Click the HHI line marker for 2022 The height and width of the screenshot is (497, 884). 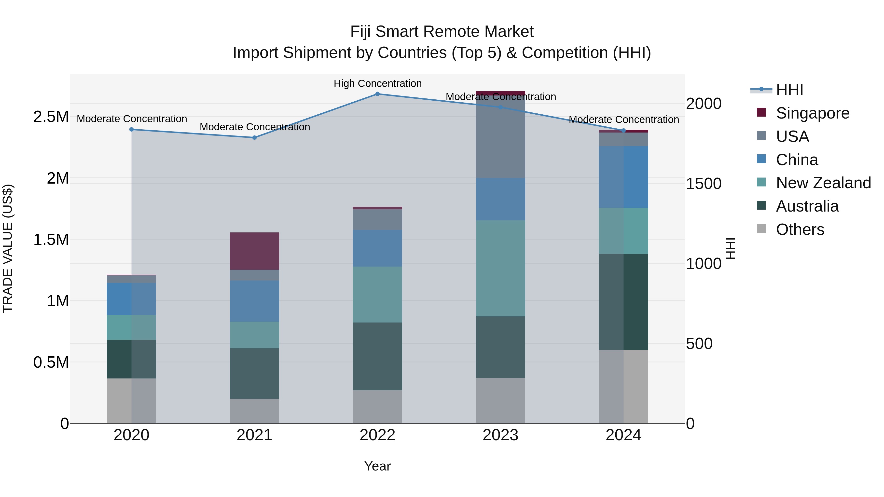click(377, 94)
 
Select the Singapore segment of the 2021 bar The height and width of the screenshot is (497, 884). click(254, 251)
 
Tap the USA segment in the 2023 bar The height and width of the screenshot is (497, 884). click(500, 137)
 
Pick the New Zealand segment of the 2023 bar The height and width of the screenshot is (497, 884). click(500, 268)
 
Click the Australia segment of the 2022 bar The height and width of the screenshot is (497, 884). click(377, 356)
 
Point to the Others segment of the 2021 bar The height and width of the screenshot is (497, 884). click(254, 411)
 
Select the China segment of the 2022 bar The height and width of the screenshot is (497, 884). click(377, 248)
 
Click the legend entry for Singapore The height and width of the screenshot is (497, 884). click(812, 113)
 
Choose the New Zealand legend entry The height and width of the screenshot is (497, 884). click(823, 183)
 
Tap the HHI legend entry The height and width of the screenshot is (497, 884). click(789, 90)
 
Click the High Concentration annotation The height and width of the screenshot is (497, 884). click(377, 83)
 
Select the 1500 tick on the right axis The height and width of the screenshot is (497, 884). click(704, 184)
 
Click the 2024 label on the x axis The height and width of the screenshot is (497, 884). click(623, 435)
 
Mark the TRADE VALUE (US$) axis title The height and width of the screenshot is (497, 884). click(8, 248)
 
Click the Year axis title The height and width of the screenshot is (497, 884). click(377, 466)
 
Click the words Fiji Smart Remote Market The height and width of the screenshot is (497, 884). click(442, 32)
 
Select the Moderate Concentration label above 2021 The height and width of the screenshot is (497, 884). click(255, 127)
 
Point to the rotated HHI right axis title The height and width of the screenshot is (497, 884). click(731, 248)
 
